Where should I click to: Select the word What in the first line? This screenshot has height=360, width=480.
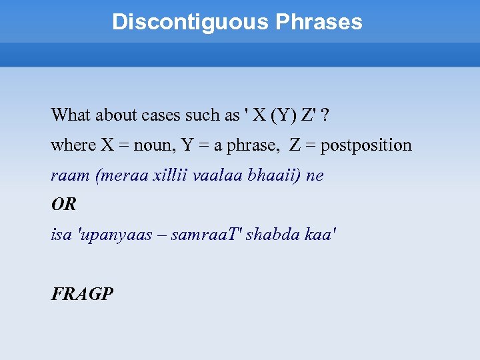70,115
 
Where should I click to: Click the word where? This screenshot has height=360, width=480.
73,145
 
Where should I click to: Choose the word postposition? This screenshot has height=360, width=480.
366,145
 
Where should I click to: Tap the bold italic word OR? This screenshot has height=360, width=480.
64,205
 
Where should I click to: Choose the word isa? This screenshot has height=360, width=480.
62,235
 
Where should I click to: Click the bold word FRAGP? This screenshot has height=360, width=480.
82,293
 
